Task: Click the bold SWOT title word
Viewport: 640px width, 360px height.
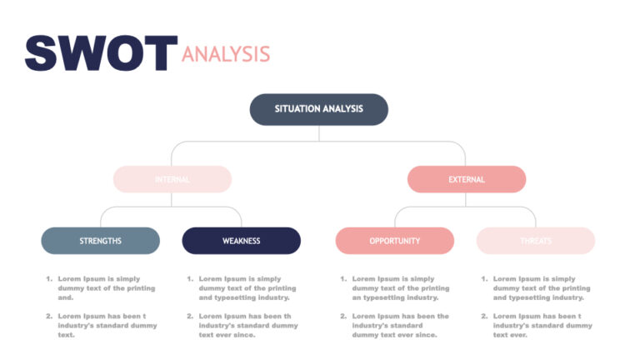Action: [100, 52]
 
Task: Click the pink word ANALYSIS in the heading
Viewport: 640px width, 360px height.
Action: [226, 54]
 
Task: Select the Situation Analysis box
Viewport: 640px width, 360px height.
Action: [318, 109]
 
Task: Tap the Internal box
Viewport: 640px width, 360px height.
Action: [172, 179]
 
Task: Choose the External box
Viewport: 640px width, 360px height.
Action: [466, 179]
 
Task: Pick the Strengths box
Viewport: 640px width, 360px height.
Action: [100, 241]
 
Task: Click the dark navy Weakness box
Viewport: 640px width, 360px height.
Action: [241, 241]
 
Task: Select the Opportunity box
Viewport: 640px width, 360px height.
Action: [394, 241]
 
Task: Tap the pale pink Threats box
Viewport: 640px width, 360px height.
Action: [535, 241]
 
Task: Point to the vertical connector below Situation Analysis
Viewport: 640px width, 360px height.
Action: [318, 133]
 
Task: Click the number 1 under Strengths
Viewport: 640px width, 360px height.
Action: [49, 279]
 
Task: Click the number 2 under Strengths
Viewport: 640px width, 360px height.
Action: [49, 317]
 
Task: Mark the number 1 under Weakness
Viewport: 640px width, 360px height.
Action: [190, 279]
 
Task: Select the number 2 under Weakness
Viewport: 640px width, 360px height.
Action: [190, 317]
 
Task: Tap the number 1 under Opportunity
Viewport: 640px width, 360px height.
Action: [343, 279]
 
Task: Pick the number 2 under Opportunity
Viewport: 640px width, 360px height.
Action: [343, 317]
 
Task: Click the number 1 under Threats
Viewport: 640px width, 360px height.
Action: [484, 279]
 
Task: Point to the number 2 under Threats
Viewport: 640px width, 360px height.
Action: [484, 317]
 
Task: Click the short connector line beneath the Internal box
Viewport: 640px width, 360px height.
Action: [172, 200]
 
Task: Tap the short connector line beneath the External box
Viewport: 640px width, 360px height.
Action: [466, 200]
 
